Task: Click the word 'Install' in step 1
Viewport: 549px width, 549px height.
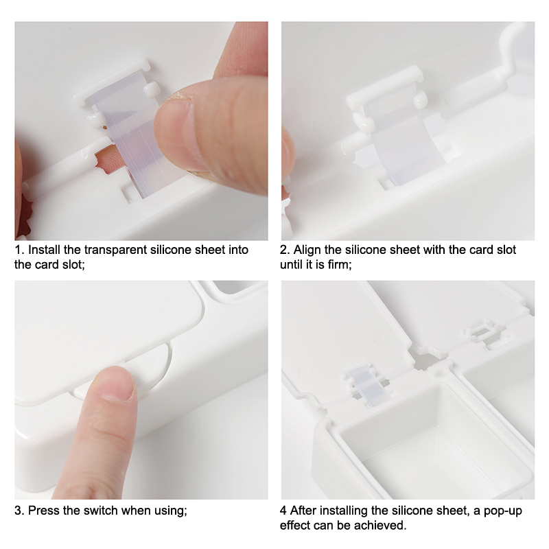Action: click(x=44, y=250)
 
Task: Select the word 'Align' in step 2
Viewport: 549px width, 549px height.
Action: click(x=307, y=250)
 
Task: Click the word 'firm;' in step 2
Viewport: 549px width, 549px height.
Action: click(x=340, y=265)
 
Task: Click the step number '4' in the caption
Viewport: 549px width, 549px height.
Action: click(x=283, y=511)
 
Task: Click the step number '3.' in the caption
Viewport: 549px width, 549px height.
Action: click(x=19, y=511)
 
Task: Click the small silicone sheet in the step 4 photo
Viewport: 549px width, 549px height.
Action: click(x=366, y=385)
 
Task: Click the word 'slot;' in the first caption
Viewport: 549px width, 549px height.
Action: click(x=74, y=265)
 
